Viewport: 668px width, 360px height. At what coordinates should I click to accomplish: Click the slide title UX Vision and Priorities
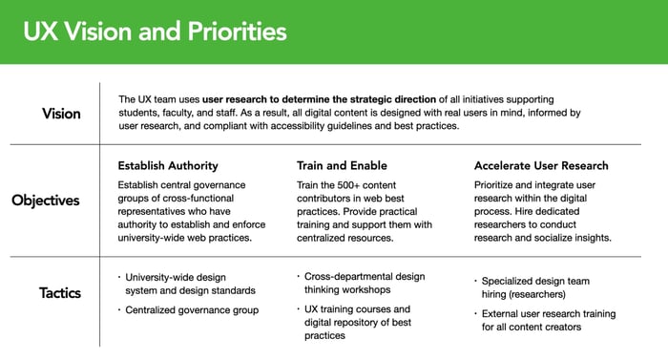tap(155, 32)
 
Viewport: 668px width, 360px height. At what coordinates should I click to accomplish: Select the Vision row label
tap(61, 114)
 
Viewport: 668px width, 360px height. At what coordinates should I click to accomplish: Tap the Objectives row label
tap(46, 201)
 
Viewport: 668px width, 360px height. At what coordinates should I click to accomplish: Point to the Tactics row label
tap(60, 292)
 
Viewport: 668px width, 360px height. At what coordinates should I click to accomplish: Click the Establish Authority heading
tap(167, 165)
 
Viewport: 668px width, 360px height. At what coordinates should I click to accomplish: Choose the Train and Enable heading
tap(342, 165)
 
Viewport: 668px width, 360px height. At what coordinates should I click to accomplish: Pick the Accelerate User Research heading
tap(541, 165)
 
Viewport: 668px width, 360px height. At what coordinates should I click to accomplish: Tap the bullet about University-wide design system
tap(190, 283)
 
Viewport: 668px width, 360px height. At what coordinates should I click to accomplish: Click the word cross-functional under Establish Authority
tap(199, 198)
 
